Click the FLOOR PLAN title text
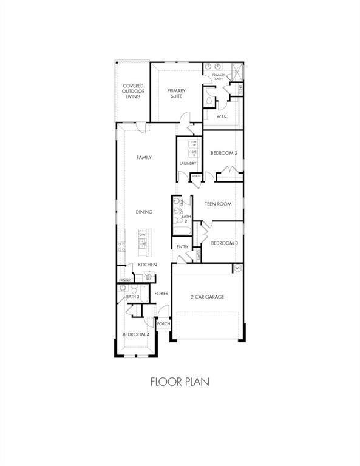[180, 383]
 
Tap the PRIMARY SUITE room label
[177, 94]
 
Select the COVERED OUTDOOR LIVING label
[133, 91]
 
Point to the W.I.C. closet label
[222, 116]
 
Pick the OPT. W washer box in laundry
[194, 143]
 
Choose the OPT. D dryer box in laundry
[194, 153]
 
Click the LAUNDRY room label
[188, 164]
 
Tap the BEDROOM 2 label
[223, 153]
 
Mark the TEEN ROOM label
[219, 204]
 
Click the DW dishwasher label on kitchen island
[143, 234]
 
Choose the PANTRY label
[124, 280]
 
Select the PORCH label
[163, 324]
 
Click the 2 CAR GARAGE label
[208, 297]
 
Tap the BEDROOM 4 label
[135, 334]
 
